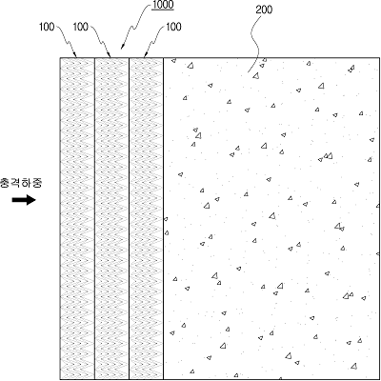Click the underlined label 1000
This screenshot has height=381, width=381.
click(x=163, y=5)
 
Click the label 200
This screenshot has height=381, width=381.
click(x=264, y=10)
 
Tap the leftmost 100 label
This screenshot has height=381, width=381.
click(x=47, y=27)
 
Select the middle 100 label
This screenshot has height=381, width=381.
click(x=81, y=27)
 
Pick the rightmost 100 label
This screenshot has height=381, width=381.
click(x=173, y=27)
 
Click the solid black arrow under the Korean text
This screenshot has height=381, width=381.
click(x=24, y=200)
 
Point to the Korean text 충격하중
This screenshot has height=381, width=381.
click(x=21, y=183)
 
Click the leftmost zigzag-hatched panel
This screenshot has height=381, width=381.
click(x=77, y=218)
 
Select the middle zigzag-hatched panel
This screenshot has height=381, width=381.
click(x=111, y=218)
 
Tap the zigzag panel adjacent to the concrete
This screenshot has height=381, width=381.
click(x=146, y=218)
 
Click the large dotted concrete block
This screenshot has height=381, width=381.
click(x=271, y=218)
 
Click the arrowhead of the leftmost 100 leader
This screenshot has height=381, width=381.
click(x=75, y=55)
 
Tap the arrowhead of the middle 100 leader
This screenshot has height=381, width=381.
click(x=110, y=55)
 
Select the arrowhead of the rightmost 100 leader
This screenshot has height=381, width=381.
click(x=145, y=55)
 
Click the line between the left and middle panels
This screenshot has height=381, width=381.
click(x=94, y=218)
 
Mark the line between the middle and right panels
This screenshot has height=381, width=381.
click(x=129, y=218)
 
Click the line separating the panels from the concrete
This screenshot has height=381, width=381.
click(x=163, y=218)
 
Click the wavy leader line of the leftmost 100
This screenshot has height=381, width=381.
click(x=67, y=41)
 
